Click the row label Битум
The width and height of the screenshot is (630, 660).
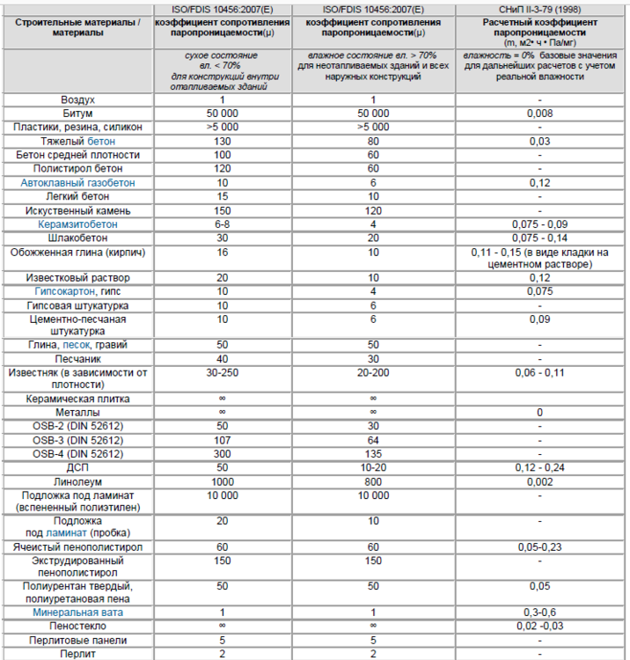click(x=77, y=114)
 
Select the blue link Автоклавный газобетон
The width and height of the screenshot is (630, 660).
click(x=77, y=182)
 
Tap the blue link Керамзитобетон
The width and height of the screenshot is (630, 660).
click(x=77, y=224)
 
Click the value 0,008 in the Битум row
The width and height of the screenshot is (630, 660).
click(x=539, y=114)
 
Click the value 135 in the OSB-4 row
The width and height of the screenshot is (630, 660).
click(x=373, y=453)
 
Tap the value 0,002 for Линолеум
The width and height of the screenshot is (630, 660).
click(x=539, y=481)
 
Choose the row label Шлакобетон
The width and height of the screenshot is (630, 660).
click(x=77, y=238)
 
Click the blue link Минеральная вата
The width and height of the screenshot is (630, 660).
click(x=77, y=612)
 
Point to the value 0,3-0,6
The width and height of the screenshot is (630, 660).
click(x=539, y=612)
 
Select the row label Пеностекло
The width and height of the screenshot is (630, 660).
click(x=77, y=626)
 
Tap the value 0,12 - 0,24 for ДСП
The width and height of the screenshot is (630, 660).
click(x=539, y=467)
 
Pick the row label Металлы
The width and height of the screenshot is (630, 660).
click(x=77, y=412)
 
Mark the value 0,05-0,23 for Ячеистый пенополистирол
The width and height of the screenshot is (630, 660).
click(x=539, y=546)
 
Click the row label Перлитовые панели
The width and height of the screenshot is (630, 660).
click(x=77, y=640)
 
